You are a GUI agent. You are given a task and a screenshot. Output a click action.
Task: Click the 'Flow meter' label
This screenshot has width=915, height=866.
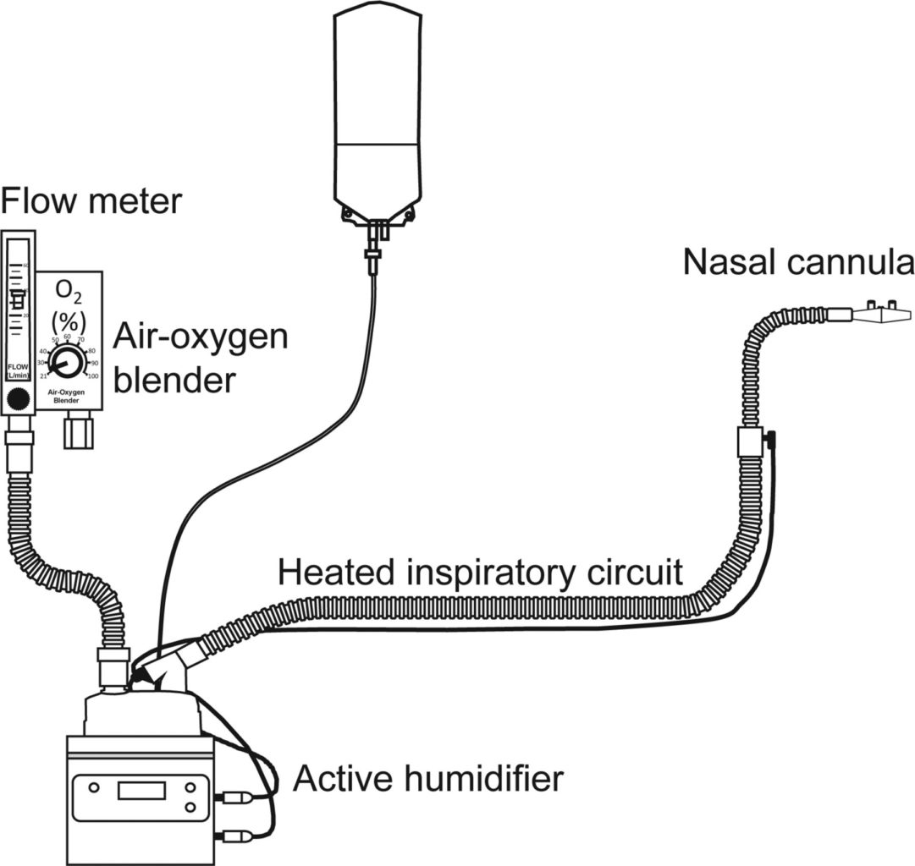point(91,201)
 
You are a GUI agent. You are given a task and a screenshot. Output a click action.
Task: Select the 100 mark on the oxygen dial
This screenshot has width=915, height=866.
point(92,375)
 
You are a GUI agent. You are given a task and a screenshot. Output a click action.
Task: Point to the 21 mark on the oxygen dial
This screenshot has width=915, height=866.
point(42,375)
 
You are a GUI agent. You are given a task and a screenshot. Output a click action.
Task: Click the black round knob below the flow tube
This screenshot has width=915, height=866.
point(17,398)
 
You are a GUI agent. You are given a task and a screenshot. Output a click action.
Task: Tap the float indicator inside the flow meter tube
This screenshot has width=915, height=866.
point(17,299)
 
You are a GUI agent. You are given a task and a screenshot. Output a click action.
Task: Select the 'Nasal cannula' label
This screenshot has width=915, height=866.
point(798,262)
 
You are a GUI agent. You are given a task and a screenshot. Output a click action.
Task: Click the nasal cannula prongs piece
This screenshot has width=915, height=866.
point(880,314)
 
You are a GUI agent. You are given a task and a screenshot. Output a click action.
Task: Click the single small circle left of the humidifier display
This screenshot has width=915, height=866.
point(93,788)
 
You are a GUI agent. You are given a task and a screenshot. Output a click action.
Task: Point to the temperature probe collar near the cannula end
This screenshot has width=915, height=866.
point(748,441)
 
